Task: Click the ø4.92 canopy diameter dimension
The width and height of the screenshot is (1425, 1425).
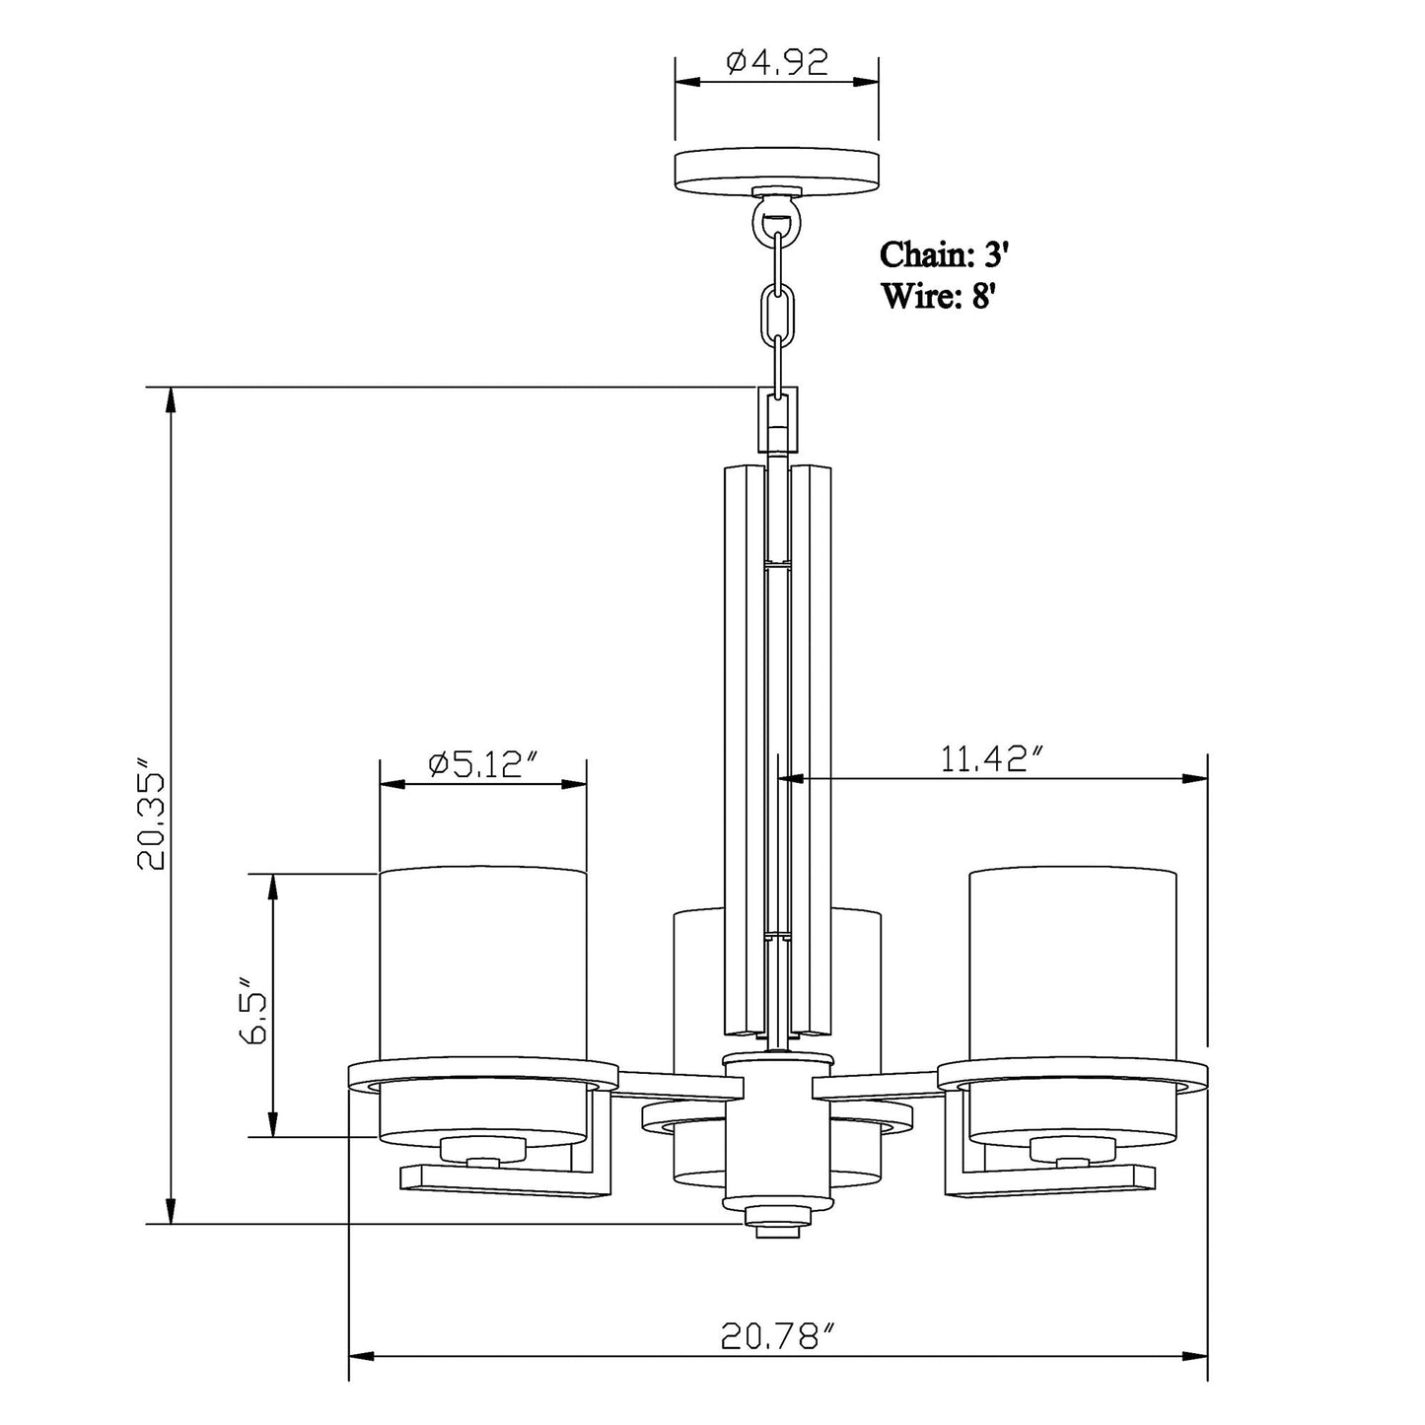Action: pyautogui.click(x=777, y=62)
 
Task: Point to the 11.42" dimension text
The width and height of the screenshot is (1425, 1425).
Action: pyautogui.click(x=991, y=758)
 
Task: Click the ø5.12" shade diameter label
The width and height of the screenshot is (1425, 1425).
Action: pyautogui.click(x=484, y=764)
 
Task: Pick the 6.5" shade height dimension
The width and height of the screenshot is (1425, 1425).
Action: pyautogui.click(x=250, y=1011)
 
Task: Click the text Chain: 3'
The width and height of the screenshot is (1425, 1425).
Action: pyautogui.click(x=945, y=254)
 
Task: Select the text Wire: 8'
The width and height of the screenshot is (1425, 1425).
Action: pyautogui.click(x=939, y=295)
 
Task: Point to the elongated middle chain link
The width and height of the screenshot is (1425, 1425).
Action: pyautogui.click(x=776, y=311)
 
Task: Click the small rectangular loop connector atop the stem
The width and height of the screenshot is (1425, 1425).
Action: pyautogui.click(x=777, y=419)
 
